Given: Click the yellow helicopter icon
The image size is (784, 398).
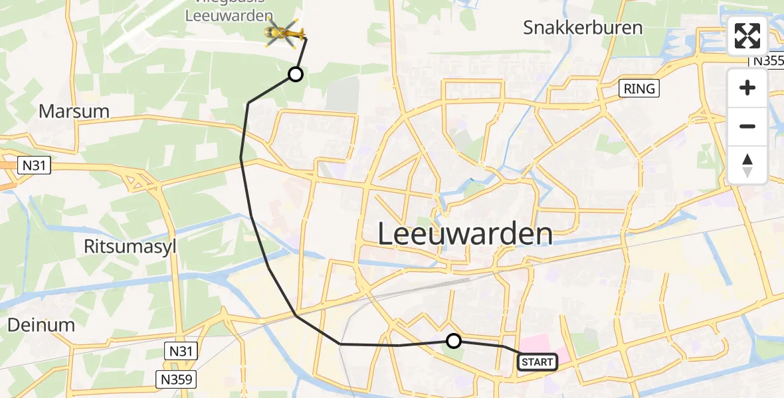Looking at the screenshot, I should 284,32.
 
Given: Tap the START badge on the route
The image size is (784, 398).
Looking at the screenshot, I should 537,362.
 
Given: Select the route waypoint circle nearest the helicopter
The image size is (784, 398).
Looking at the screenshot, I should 296,74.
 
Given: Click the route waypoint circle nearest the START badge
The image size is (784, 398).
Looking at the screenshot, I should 453,341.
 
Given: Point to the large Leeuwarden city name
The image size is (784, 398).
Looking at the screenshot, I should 465,234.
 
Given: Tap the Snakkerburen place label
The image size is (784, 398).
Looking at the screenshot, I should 583,28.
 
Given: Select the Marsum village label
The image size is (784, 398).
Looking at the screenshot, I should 74,111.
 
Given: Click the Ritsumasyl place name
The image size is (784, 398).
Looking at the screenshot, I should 130,246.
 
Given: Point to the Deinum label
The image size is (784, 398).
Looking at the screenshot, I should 41,325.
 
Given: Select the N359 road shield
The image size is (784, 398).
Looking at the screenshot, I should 177,379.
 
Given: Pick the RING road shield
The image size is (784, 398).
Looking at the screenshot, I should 639,89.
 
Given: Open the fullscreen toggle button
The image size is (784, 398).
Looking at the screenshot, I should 747,36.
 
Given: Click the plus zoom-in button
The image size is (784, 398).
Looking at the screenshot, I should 747,88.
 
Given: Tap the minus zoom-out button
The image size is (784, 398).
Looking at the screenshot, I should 747,126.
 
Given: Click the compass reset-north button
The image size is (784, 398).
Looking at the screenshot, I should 747,165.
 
